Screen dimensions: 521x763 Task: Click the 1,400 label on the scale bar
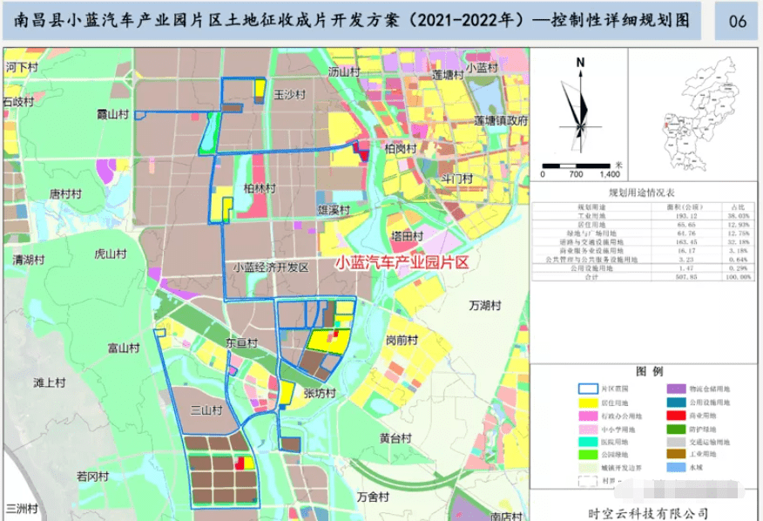(x=608, y=174)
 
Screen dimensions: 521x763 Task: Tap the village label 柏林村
(x=260, y=188)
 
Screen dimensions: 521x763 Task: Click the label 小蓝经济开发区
(x=271, y=268)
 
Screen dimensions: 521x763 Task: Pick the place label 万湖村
(x=485, y=306)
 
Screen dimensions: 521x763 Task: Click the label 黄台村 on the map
(x=395, y=437)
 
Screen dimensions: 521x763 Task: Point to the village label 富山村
(x=124, y=348)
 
